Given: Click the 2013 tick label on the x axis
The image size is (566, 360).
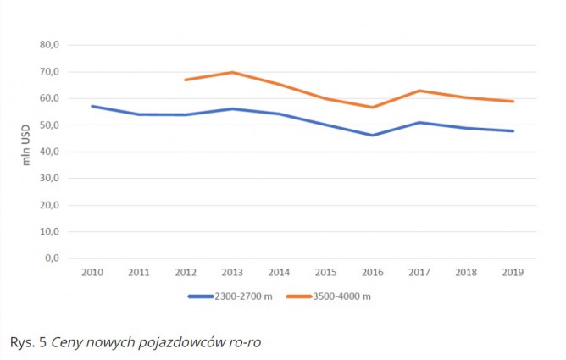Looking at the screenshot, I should [232, 273].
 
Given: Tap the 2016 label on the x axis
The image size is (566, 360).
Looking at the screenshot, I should [372, 273].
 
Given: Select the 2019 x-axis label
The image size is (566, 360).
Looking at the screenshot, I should [512, 273].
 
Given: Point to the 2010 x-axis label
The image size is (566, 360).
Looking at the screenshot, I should [92, 273].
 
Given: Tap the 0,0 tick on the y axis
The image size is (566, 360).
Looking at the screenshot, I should [52, 258].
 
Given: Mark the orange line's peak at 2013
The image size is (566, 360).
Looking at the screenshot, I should [232, 72].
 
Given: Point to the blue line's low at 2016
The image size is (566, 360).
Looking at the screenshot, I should [372, 135].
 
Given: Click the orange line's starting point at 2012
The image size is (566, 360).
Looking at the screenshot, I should [186, 80].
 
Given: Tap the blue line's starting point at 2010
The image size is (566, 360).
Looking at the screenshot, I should [92, 106].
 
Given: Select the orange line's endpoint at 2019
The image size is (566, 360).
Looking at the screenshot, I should [513, 102].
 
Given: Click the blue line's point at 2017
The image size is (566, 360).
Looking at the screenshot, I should [419, 122].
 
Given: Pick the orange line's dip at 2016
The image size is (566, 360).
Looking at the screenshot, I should [372, 107].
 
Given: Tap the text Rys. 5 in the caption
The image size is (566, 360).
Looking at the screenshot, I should [28, 342].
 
